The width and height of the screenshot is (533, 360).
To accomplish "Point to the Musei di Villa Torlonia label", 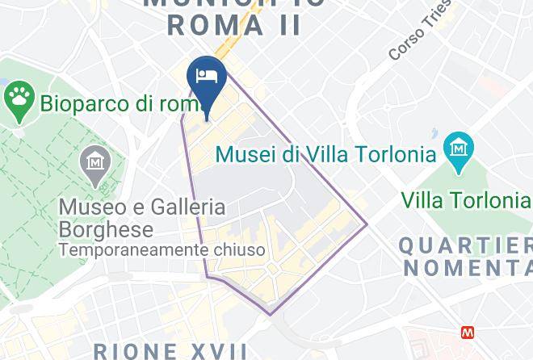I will (x=325, y=153).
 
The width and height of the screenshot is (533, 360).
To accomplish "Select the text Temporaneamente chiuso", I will (x=162, y=251).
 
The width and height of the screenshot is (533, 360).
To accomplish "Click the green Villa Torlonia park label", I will (x=466, y=199).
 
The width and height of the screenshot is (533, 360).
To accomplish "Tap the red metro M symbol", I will (x=467, y=332).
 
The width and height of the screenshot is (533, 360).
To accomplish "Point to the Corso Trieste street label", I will (x=417, y=39).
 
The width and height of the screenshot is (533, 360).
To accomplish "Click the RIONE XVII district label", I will (x=170, y=351).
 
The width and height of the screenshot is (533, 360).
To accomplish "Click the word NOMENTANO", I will (x=468, y=267).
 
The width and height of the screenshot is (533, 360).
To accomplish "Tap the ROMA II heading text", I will (x=234, y=24).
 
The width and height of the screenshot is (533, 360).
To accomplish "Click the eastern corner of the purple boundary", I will (x=367, y=224).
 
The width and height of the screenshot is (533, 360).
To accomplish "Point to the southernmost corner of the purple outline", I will (x=269, y=314).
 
